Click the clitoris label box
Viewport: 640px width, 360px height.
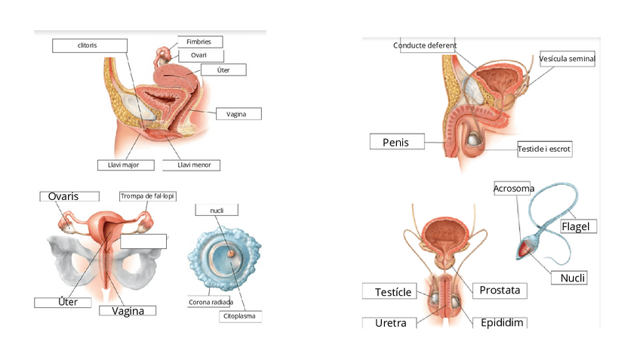88,46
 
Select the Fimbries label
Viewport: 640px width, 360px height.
200,42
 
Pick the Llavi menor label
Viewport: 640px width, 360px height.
194,165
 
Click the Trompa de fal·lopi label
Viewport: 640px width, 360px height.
147,196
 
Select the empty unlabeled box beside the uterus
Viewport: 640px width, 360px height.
143,242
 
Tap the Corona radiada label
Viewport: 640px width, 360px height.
211,302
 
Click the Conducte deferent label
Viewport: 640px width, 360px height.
425,45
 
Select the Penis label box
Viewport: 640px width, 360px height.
396,142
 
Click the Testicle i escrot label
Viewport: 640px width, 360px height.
544,149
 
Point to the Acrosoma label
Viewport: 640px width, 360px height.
514,188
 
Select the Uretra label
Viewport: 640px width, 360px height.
391,323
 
